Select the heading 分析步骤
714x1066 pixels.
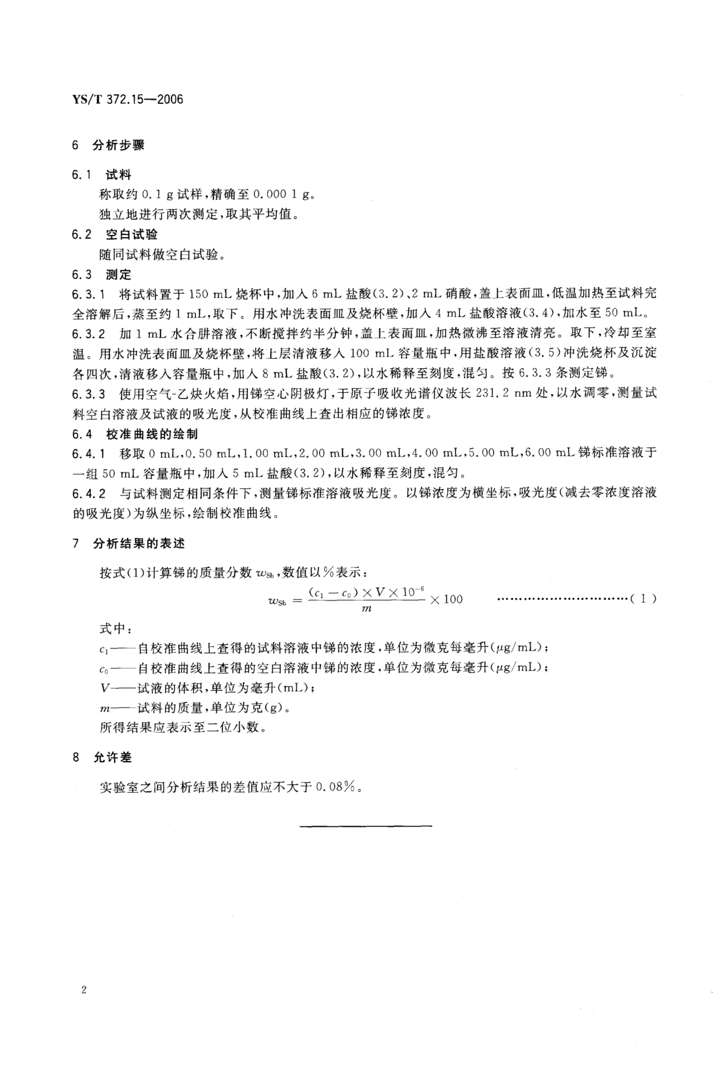[118, 145]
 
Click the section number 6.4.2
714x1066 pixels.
[88, 494]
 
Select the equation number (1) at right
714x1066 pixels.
[643, 599]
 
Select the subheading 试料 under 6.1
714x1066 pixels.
[118, 175]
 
